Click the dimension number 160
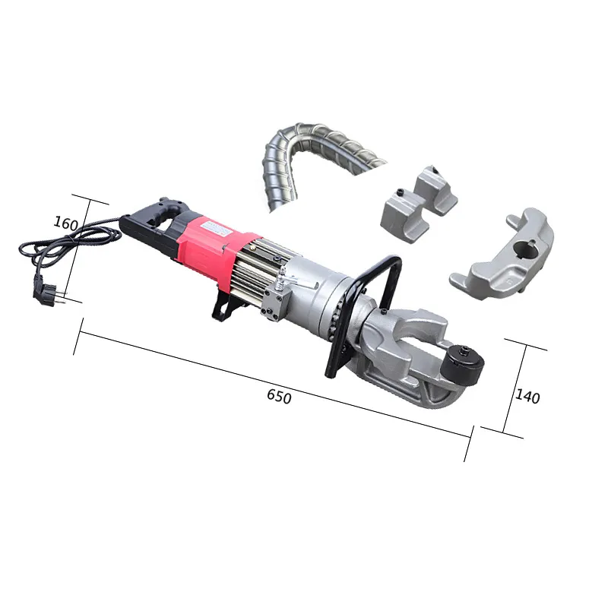click(67, 223)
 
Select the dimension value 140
click(527, 395)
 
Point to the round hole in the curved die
click(525, 247)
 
